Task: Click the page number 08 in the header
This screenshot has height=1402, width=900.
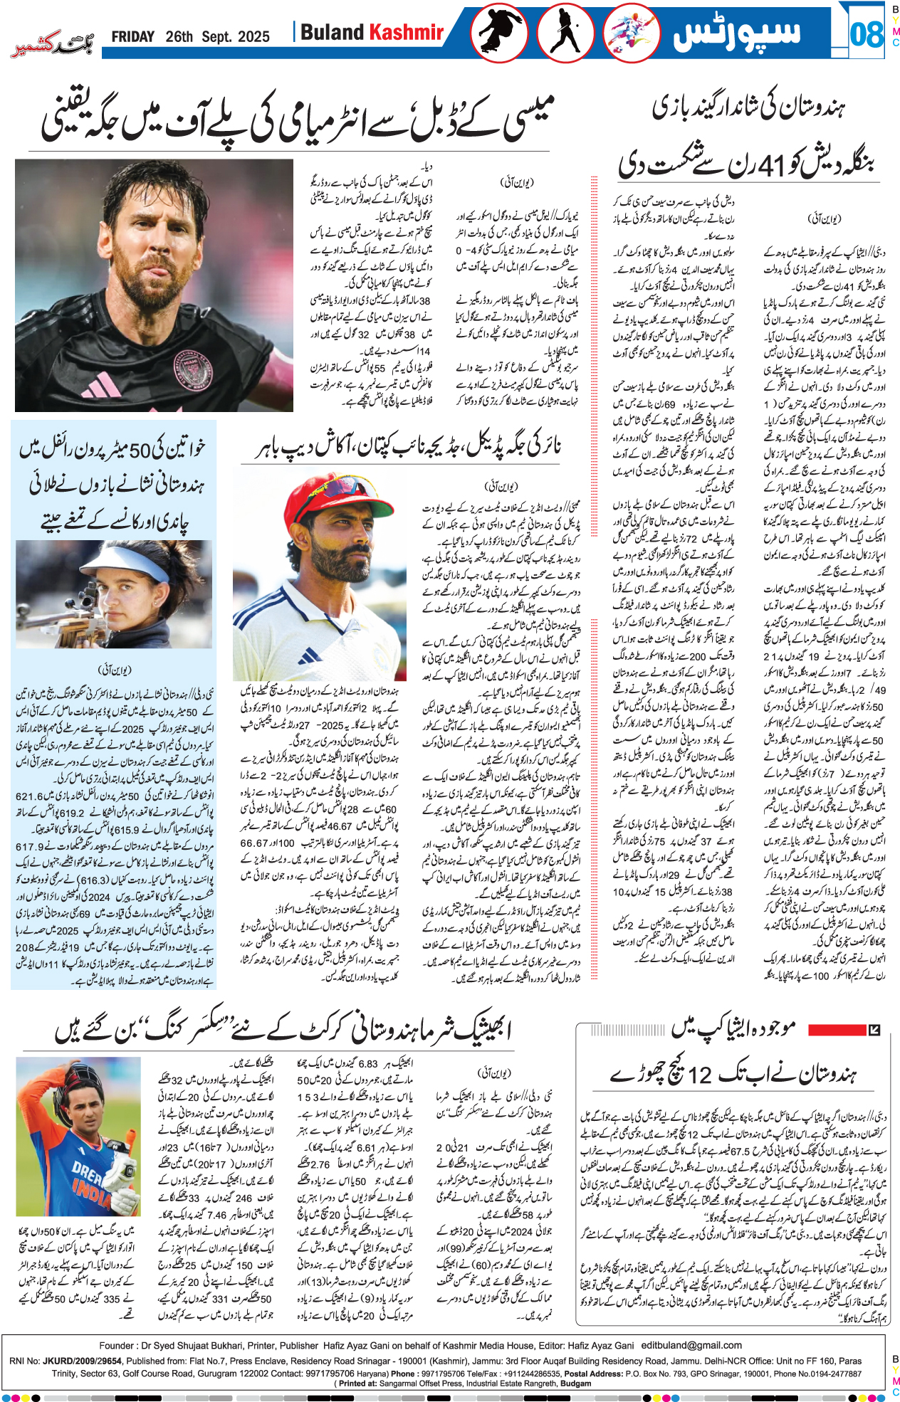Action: [866, 33]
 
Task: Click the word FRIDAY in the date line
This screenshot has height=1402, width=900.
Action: [132, 37]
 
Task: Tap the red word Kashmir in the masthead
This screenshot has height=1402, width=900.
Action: [405, 32]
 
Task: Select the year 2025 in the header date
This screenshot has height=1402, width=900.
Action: [253, 37]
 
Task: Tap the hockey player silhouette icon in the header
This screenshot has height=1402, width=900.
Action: [566, 33]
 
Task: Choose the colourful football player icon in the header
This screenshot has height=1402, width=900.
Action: [631, 33]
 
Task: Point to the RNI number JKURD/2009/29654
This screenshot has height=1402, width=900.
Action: [82, 1361]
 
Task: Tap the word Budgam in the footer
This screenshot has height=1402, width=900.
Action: [575, 1383]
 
